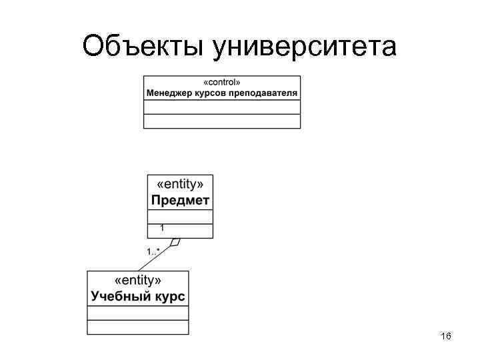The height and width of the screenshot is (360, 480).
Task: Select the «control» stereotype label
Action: pyautogui.click(x=222, y=82)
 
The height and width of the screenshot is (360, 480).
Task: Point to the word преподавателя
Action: pyautogui.click(x=263, y=93)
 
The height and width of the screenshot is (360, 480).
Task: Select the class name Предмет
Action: pyautogui.click(x=180, y=199)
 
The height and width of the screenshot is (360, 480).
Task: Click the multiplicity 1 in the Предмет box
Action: pyautogui.click(x=162, y=228)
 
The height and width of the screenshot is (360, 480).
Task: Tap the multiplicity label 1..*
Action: pyautogui.click(x=153, y=251)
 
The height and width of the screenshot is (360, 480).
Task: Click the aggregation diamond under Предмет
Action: pyautogui.click(x=175, y=242)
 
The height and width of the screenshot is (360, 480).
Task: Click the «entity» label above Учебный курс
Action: pyautogui.click(x=138, y=281)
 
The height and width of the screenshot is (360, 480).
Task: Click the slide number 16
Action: pyautogui.click(x=446, y=337)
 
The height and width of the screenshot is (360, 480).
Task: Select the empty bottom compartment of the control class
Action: pyautogui.click(x=222, y=121)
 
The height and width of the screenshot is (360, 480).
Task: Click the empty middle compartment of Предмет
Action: pyautogui.click(x=180, y=217)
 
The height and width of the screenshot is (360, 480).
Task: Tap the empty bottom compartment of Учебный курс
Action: pyautogui.click(x=138, y=327)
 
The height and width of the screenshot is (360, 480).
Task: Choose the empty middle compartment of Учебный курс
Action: pyautogui.click(x=138, y=313)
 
